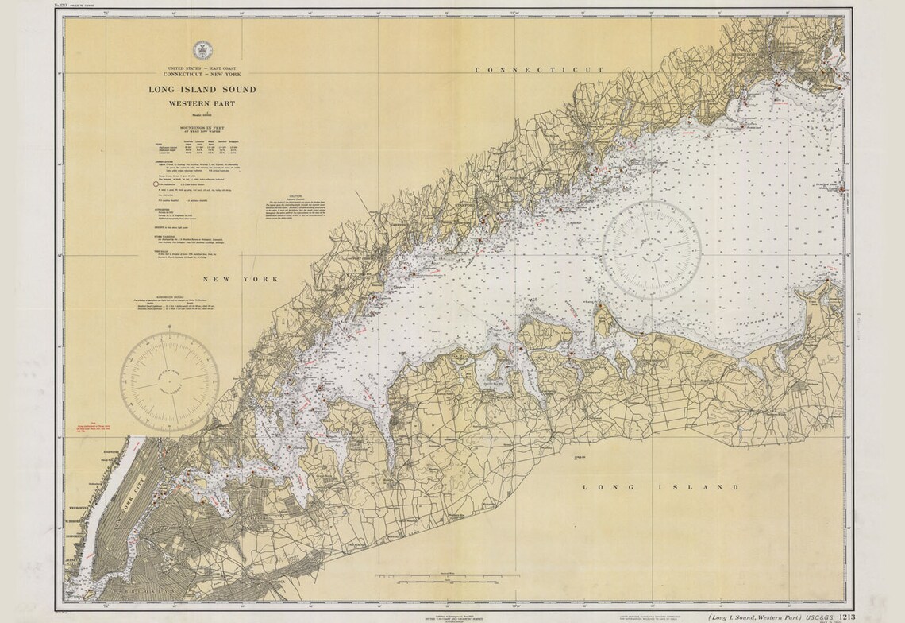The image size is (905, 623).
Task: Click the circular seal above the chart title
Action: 202,49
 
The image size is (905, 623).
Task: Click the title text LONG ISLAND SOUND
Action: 202,90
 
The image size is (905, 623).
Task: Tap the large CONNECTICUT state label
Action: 539,70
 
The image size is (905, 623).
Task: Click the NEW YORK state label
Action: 240,280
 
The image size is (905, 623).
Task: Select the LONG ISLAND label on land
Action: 660,487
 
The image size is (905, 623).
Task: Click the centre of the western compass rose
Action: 169,376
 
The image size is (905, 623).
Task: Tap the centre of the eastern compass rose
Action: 651,250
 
